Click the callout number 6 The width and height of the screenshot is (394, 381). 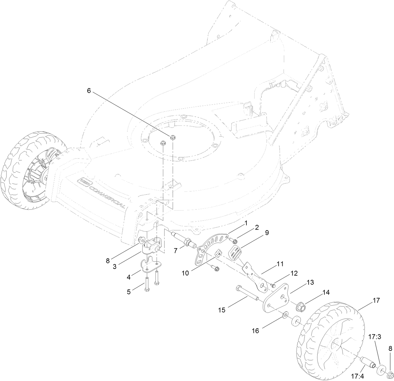point(89,91)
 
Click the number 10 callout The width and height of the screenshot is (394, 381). point(185,273)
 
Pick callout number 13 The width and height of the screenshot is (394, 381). point(310,282)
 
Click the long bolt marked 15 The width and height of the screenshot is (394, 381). point(246,293)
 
